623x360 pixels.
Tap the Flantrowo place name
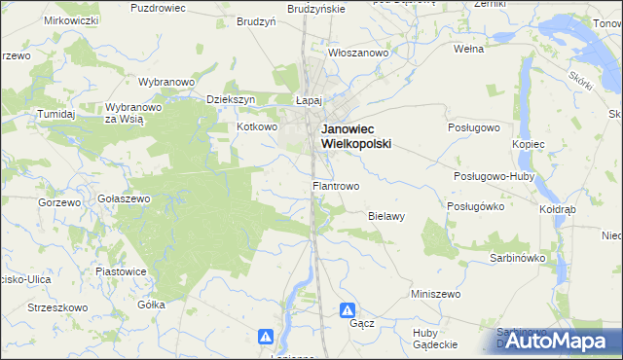336,185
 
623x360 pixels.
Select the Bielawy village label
386,216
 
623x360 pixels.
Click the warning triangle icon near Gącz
348,310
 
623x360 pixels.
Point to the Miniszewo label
435,293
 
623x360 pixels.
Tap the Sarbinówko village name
515,259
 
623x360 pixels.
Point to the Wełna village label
469,47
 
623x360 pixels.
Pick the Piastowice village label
121,271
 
